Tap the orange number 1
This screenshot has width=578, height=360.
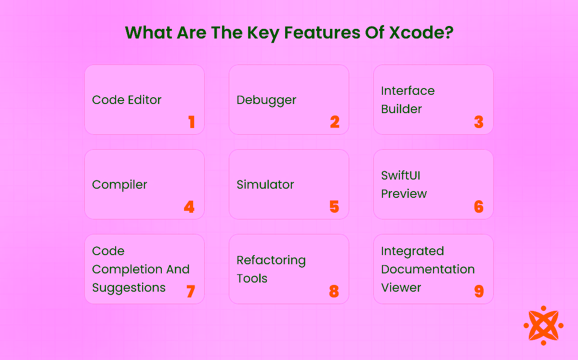(192, 122)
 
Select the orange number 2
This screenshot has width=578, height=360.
(335, 122)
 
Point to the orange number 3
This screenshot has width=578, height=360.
(479, 122)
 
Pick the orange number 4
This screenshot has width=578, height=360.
(189, 207)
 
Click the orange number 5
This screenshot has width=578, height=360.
(335, 207)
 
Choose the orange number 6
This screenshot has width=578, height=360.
(479, 207)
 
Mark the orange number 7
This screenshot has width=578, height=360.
(191, 292)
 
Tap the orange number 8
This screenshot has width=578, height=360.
(334, 292)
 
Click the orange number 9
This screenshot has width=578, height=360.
(479, 292)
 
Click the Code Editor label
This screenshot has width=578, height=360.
(127, 100)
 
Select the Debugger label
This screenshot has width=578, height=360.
(266, 101)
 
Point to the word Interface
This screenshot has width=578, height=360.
(407, 91)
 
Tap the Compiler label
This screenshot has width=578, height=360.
(119, 185)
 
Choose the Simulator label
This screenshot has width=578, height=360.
(265, 185)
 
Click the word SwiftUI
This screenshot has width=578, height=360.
(401, 176)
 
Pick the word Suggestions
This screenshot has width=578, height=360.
(129, 288)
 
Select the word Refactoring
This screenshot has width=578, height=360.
(271, 261)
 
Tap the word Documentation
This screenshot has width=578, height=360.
(428, 270)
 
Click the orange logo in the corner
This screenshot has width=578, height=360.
(543, 325)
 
